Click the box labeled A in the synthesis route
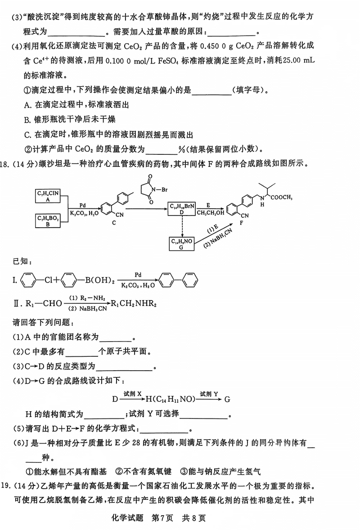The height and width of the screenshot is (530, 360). (x=48, y=197)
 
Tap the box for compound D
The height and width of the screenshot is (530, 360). (x=182, y=208)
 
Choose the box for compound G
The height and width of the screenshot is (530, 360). (x=182, y=243)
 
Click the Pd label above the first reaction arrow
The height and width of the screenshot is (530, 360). (x=83, y=204)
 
